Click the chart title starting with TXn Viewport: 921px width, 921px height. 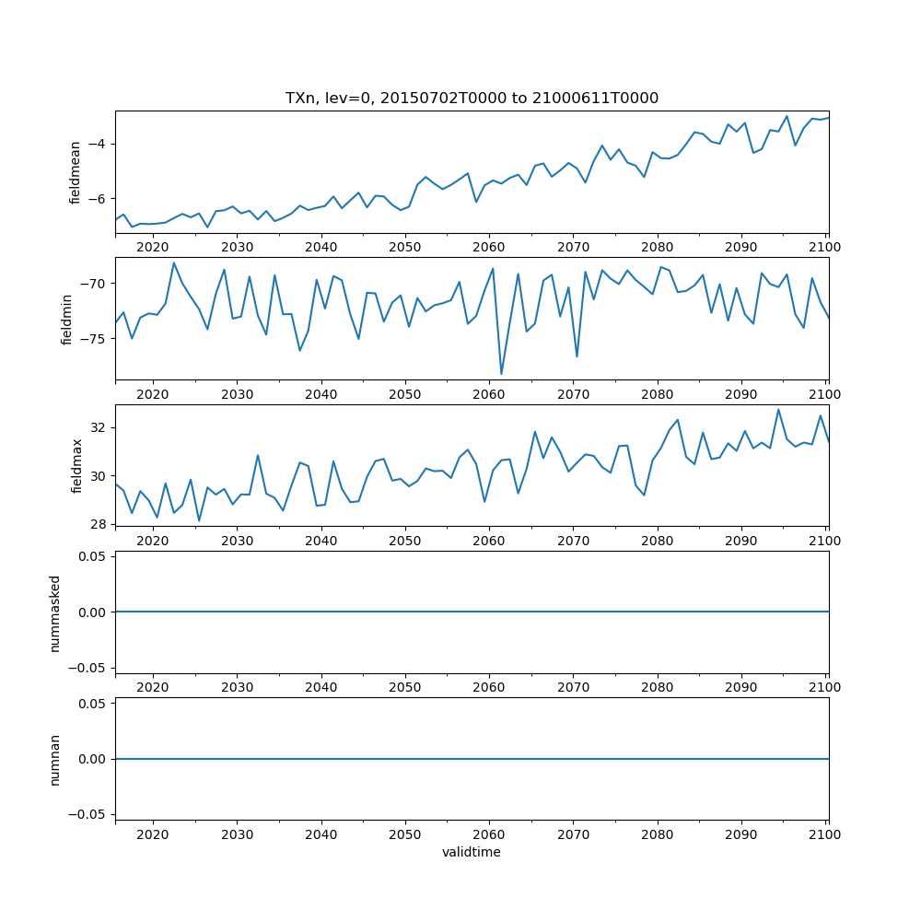click(472, 99)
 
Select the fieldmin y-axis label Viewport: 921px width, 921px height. click(66, 319)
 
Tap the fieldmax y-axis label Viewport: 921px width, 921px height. click(77, 465)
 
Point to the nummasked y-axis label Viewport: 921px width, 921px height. click(54, 612)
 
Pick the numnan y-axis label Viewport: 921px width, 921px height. click(54, 759)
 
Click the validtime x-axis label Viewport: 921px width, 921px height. click(472, 853)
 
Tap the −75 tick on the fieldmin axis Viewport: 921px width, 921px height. click(93, 339)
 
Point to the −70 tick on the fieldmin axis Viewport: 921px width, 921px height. click(93, 284)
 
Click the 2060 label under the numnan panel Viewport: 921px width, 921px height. click(489, 834)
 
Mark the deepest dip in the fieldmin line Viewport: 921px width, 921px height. click(501, 374)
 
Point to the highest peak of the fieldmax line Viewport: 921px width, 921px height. click(778, 410)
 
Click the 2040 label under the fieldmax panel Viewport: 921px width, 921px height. click(321, 541)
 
